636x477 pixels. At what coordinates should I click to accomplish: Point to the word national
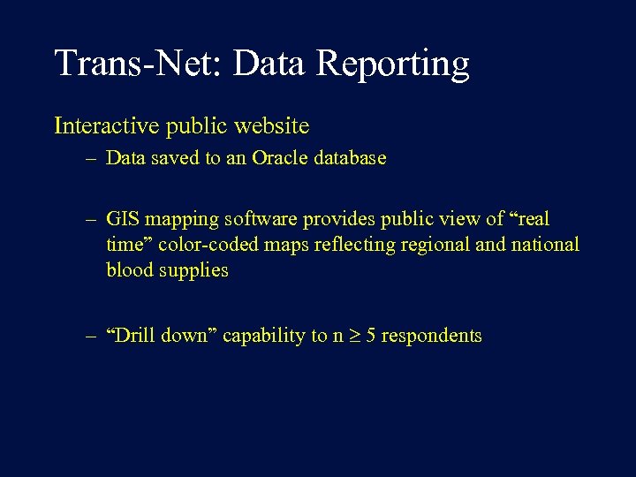[x=545, y=245]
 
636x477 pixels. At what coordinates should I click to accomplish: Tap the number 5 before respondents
[x=371, y=336]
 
